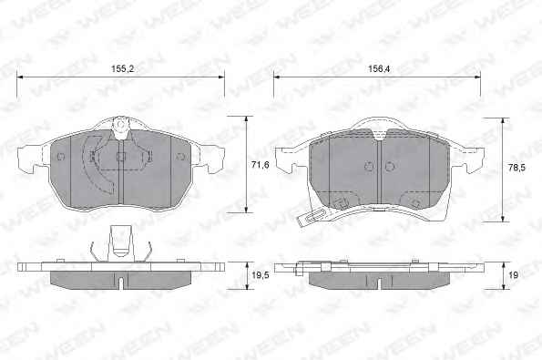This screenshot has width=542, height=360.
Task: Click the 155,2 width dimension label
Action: point(122,69)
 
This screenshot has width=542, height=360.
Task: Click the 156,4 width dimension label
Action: point(379,69)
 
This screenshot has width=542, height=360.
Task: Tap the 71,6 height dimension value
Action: point(261,165)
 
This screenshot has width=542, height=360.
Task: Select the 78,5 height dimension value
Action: point(516,168)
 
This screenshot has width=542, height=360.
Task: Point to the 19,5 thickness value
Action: point(261,275)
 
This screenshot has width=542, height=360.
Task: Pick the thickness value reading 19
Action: point(514,275)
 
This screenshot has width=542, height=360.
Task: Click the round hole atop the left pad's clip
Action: point(120,125)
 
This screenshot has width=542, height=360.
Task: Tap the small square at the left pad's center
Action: point(120,157)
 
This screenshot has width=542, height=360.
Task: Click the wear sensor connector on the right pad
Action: point(311,218)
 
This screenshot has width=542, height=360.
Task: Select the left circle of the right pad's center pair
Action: point(369,167)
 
